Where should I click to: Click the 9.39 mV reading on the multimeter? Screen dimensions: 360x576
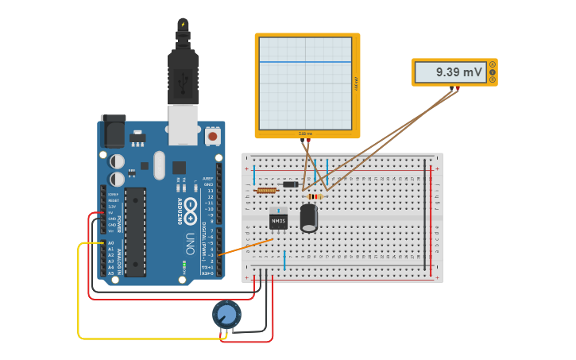pos(459,72)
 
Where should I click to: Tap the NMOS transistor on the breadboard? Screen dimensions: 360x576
pos(278,219)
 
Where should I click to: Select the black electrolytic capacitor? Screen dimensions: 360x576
pos(309,218)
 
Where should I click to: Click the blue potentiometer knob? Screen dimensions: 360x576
pos(226,315)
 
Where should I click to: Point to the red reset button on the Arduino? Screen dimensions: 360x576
pos(212,136)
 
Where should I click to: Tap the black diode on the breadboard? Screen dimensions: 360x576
pos(291,184)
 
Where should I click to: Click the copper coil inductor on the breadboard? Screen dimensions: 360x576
pos(266,191)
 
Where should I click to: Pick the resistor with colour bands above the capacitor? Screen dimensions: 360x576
pos(315,196)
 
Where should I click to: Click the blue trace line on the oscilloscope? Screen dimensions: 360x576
pos(306,62)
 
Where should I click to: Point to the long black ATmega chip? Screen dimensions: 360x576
pos(135,231)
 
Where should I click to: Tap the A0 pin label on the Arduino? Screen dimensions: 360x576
pos(110,243)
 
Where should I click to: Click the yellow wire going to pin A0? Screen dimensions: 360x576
pos(79,294)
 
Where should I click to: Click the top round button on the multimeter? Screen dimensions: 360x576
pos(493,64)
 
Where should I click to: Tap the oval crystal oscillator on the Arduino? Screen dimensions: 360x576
pos(159,165)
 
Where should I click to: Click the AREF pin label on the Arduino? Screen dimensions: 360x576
pos(208,179)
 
